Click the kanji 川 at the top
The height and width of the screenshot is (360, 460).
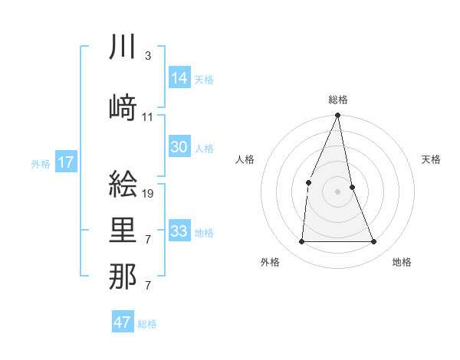123,48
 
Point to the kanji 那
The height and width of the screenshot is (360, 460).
123,277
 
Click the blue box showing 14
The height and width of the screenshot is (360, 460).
179,78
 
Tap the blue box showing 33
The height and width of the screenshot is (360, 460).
179,231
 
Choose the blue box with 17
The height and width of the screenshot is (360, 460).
66,162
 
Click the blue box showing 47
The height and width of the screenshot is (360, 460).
123,322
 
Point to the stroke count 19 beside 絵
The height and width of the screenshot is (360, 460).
149,194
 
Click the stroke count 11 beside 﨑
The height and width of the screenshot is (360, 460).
148,117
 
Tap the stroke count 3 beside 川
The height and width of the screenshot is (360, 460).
148,56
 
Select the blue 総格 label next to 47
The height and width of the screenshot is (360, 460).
147,324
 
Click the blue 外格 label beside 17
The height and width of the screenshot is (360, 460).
41,163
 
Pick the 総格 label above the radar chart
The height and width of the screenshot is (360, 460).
337,100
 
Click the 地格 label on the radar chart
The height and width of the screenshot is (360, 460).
402,262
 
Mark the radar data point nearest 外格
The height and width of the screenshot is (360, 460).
301,242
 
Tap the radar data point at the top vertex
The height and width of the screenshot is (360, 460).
337,116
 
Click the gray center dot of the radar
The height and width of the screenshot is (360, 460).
337,191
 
